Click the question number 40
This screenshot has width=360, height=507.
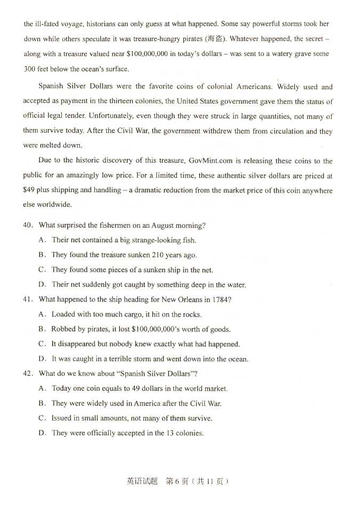pos(28,225)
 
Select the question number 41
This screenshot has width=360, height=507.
pos(28,299)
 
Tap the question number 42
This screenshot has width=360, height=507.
pos(28,374)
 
